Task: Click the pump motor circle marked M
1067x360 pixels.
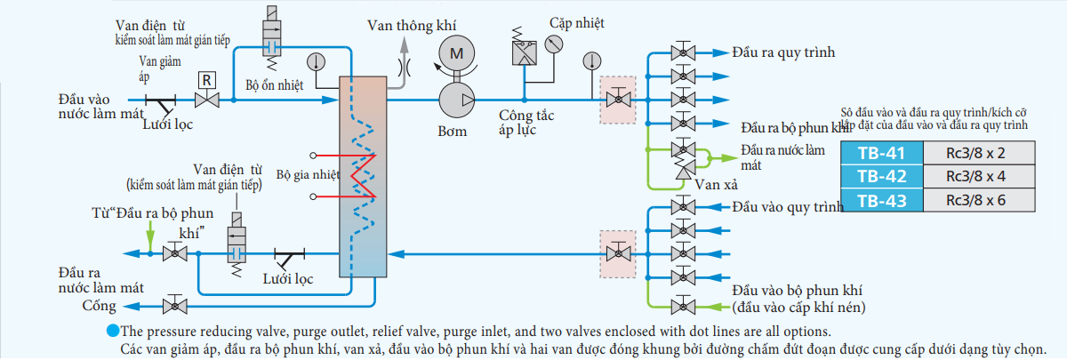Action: click(456, 54)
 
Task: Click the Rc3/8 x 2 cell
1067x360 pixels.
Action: click(975, 152)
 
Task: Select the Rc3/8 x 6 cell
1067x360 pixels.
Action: click(975, 200)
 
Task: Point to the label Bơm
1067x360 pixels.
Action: click(453, 132)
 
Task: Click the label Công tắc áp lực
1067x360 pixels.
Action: click(528, 123)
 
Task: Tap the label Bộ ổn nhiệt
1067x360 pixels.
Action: click(275, 85)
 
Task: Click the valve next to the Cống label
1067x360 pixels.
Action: click(175, 307)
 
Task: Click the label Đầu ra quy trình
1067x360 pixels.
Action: click(782, 52)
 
